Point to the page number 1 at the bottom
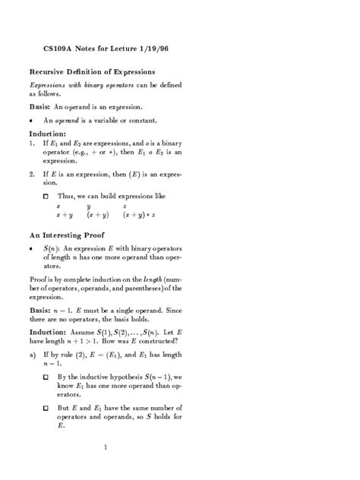click(106, 446)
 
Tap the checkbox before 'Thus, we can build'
click(46, 196)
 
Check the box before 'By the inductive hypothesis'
click(46, 377)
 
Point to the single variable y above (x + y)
click(89, 205)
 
